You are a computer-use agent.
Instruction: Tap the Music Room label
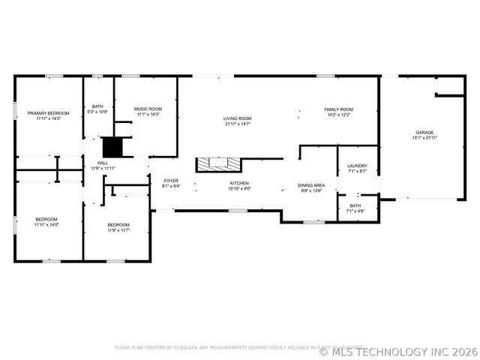148,109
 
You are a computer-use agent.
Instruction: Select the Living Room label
237,118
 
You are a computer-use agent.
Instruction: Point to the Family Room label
338,109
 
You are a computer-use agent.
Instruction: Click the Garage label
424,133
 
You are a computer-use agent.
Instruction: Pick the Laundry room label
356,166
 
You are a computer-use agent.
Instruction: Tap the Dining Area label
311,184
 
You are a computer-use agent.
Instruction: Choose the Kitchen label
239,184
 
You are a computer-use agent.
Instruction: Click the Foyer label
171,181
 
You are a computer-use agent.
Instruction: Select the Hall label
103,163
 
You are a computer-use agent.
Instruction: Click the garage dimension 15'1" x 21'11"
424,138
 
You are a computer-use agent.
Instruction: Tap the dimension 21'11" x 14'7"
237,124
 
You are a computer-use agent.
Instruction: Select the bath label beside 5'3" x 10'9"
97,106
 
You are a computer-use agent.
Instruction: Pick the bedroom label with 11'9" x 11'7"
118,225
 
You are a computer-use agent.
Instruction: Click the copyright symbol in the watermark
323,350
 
